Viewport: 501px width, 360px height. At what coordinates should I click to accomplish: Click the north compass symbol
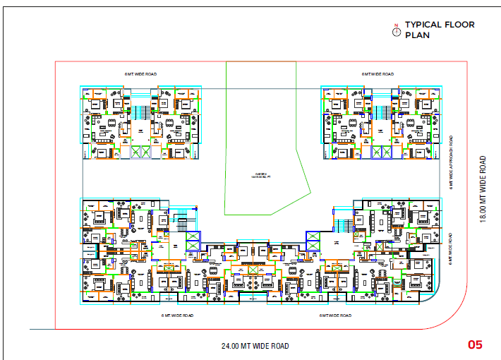[397, 30]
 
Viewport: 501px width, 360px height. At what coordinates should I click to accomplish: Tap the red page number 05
[475, 345]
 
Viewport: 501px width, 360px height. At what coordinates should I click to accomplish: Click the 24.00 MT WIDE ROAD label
[254, 346]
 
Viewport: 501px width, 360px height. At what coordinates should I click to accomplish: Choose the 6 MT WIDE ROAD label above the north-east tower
[377, 73]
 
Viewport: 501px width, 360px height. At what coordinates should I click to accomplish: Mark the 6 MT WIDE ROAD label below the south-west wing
[178, 315]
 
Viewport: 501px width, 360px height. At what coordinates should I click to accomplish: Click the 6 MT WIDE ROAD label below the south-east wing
[335, 315]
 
